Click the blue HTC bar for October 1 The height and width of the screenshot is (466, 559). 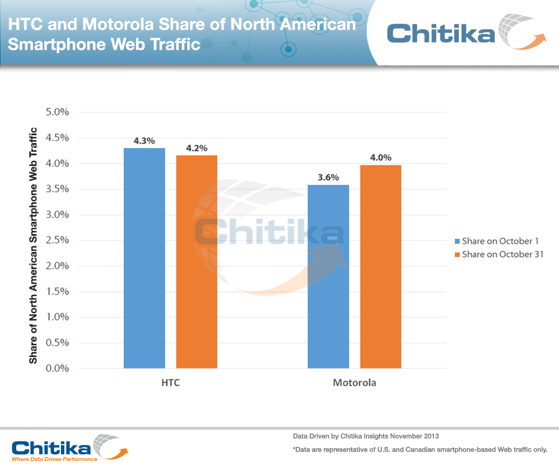click(144, 258)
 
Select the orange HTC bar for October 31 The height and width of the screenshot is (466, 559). click(197, 261)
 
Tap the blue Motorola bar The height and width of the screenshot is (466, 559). click(329, 277)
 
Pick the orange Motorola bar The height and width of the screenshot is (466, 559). click(381, 267)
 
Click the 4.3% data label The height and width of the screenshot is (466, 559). click(144, 141)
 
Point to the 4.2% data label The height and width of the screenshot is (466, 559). click(197, 148)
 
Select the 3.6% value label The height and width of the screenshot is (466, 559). click(328, 178)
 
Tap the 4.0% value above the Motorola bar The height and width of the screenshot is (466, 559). click(381, 158)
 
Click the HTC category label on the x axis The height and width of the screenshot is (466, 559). click(170, 383)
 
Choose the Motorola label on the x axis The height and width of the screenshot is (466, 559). click(354, 383)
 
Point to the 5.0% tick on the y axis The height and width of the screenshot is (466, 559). click(56, 112)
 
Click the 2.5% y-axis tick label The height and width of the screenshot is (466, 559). click(56, 240)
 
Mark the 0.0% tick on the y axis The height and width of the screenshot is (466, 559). click(56, 369)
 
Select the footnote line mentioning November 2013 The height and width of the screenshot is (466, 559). click(366, 435)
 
